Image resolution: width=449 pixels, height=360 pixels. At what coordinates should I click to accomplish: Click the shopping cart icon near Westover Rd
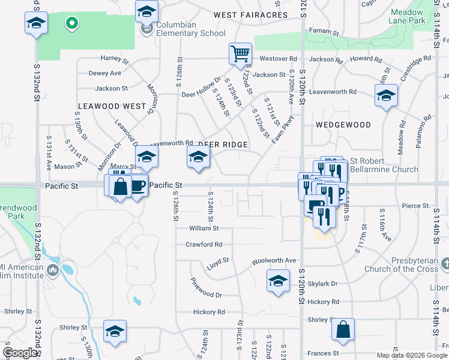click(240, 53)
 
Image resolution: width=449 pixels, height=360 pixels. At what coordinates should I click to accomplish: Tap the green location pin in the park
click(71, 24)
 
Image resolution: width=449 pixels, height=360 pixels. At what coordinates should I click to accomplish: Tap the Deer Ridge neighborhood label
click(223, 145)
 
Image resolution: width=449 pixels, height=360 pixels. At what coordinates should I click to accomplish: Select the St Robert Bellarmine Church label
click(384, 165)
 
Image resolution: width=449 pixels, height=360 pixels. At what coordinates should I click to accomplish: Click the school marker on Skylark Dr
click(278, 281)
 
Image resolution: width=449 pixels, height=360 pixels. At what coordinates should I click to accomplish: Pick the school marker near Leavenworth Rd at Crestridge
click(386, 95)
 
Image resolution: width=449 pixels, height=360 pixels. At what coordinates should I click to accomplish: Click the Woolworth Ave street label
click(274, 260)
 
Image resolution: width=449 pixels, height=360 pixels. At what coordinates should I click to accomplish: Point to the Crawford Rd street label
click(204, 244)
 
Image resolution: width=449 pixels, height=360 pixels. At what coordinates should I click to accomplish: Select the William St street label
click(203, 229)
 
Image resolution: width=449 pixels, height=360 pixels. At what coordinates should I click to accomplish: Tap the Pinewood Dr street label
click(206, 295)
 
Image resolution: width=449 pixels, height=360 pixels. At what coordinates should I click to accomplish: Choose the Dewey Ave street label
click(104, 73)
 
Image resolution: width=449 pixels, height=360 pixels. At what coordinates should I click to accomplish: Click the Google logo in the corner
click(20, 353)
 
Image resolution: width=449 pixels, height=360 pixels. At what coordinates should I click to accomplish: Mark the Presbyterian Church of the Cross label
click(401, 265)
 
